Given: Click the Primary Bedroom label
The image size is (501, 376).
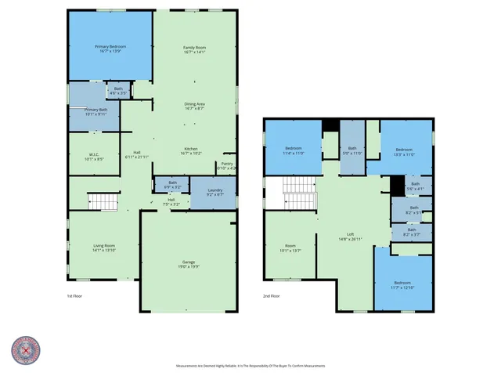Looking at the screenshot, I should [110, 47].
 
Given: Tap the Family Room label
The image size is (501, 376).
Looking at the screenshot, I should [193, 48].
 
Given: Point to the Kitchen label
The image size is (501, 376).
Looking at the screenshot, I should [192, 149].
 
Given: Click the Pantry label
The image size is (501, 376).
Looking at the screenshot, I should [227, 164].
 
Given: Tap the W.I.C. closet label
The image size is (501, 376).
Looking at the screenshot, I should [93, 154].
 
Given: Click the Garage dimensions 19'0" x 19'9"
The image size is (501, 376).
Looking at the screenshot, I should [188, 266].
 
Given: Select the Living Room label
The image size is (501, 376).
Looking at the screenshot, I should [104, 246].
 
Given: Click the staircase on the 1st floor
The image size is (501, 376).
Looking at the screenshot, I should [102, 202].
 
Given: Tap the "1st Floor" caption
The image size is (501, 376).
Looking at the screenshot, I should [75, 297].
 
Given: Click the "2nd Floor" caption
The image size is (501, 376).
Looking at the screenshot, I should [272, 297].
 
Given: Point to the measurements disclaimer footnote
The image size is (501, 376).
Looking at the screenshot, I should [250, 366].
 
